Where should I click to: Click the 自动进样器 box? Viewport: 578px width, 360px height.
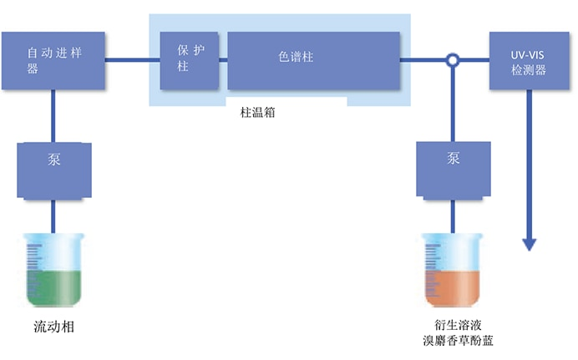click(x=53, y=60)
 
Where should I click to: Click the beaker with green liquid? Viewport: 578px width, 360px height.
click(x=54, y=270)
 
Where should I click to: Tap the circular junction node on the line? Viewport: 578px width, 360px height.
click(x=453, y=60)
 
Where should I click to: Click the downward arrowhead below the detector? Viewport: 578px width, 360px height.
click(x=529, y=244)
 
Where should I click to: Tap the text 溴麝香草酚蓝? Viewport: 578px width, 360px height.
click(x=454, y=340)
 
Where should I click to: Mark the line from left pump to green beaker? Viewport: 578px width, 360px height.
click(x=54, y=215)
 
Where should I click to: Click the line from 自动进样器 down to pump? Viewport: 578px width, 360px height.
click(x=54, y=116)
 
